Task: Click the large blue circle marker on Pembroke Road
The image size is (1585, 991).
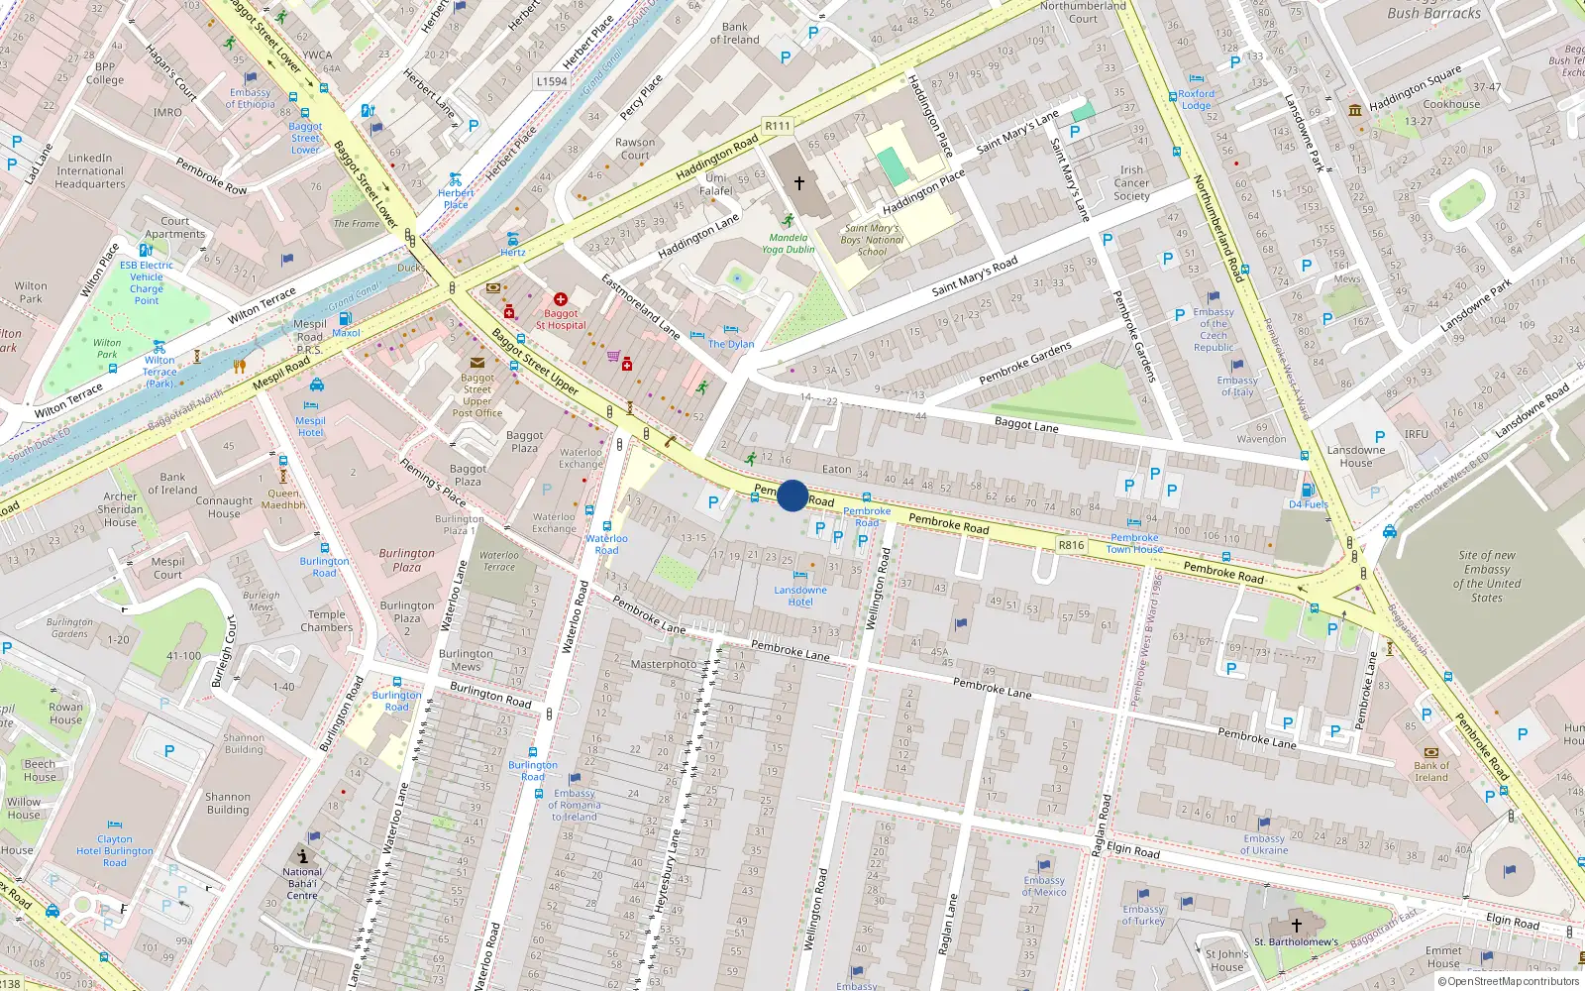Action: [792, 495]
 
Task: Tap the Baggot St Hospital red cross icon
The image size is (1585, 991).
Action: [560, 299]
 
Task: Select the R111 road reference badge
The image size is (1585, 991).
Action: [778, 126]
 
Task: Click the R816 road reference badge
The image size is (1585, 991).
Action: [1072, 545]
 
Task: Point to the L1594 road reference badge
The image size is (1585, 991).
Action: [552, 82]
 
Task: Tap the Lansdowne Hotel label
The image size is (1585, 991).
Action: [800, 596]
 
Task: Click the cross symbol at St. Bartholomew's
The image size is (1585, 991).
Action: [1296, 925]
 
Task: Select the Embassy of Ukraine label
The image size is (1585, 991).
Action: [1265, 844]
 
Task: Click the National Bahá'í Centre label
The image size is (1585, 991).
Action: [302, 884]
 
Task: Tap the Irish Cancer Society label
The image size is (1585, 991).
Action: [1131, 183]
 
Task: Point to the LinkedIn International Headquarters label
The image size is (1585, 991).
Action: [90, 170]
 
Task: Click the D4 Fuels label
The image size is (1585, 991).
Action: [1309, 504]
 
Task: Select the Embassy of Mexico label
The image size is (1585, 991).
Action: [1044, 886]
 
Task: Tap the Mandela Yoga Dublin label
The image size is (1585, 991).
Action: [788, 244]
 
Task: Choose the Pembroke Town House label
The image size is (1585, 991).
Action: [1134, 543]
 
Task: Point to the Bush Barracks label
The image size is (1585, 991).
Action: [1433, 13]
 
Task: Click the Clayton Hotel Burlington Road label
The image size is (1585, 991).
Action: [115, 850]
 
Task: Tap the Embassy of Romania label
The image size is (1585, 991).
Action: [575, 805]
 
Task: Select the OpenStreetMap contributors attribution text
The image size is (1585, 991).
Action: [1509, 982]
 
